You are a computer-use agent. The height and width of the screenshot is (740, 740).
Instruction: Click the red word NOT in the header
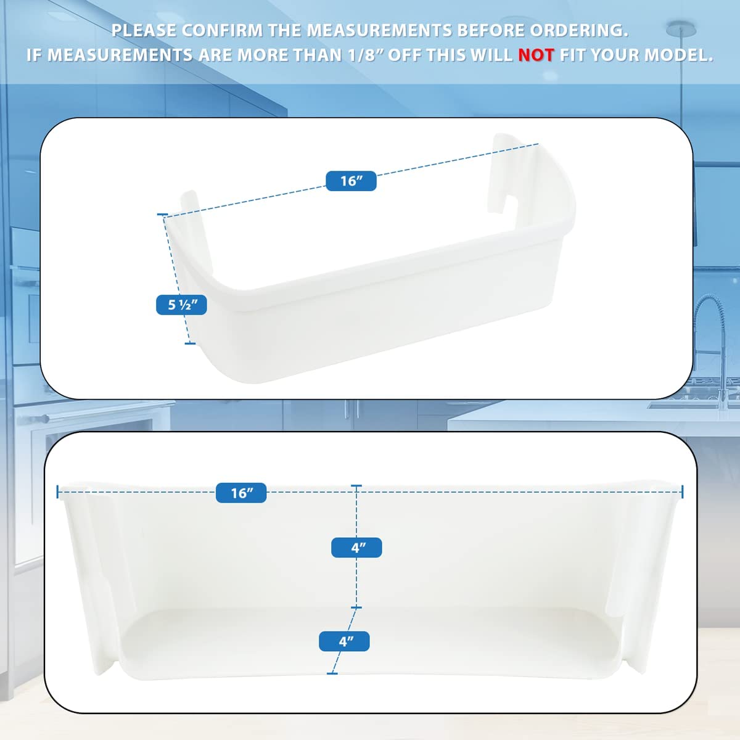536,55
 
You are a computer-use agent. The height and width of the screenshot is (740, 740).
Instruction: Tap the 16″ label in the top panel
351,181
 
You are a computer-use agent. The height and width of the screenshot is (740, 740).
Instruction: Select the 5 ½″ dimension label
181,305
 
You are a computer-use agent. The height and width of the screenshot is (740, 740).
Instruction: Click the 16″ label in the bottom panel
241,493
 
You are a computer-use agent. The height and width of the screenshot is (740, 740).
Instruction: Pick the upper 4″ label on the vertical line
356,547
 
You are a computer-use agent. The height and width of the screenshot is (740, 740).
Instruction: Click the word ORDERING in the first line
579,31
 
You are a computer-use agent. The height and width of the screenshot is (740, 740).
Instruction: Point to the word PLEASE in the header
144,31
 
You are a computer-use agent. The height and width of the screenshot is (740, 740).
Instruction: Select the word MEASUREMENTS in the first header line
379,31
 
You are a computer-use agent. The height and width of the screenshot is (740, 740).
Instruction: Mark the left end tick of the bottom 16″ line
57,492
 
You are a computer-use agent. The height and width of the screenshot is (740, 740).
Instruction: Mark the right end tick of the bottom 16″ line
683,492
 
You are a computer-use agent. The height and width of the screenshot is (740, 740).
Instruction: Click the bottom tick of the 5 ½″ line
190,343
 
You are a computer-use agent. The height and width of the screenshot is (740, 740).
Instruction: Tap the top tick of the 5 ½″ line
162,215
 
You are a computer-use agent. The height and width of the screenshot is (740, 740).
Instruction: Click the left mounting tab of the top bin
196,231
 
